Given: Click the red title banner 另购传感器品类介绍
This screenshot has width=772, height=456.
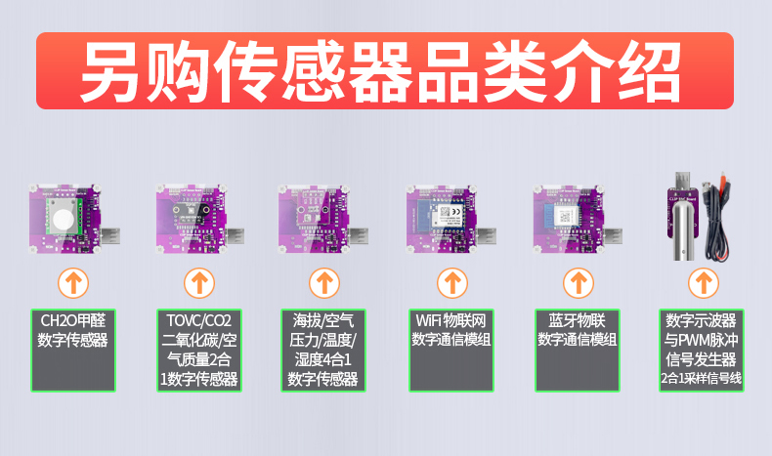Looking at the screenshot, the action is tap(385, 71).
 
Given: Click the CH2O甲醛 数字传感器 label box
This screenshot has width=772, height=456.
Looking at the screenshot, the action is tap(73, 351).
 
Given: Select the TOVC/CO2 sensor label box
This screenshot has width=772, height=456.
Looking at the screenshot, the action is tap(199, 351).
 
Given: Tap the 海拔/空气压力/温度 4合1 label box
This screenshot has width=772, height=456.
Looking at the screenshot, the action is tap(323, 351).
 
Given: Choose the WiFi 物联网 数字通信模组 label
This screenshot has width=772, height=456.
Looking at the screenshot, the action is tap(451, 351).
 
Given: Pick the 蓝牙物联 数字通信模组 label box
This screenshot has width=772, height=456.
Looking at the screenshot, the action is tap(578, 351).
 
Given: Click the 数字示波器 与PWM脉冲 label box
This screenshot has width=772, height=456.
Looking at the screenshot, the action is tap(702, 351).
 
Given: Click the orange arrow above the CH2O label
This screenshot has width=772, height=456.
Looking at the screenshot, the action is tap(73, 283).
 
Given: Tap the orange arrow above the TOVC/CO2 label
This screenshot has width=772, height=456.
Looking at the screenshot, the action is tap(199, 283).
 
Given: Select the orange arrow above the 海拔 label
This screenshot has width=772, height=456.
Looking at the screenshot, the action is tap(324, 283).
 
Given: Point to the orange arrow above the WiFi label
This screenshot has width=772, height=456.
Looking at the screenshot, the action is tap(452, 283).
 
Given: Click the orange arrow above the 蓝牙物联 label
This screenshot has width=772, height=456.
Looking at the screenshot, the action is tap(579, 283).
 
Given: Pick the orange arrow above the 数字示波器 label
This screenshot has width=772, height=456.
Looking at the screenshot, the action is tap(704, 283).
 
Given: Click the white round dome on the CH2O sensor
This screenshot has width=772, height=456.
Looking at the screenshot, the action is tap(64, 219).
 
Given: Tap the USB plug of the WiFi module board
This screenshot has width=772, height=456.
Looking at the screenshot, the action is tap(484, 237).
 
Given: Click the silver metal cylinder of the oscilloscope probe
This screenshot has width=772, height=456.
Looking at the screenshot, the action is tap(685, 228).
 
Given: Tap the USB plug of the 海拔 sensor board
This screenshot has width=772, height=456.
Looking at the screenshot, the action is tap(356, 237).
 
